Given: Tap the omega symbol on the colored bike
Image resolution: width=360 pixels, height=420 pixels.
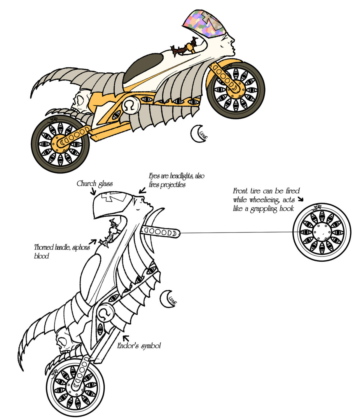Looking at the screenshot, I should (x=130, y=106).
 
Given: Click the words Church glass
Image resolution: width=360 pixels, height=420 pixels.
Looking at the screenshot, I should (x=95, y=183).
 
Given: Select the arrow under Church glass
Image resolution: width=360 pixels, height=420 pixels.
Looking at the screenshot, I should (x=93, y=192).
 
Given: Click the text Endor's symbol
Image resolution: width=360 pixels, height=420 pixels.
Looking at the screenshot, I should (x=139, y=346).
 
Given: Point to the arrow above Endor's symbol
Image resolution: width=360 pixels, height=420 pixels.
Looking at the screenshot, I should (x=126, y=338).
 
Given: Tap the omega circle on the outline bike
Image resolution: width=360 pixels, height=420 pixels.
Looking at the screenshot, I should (x=104, y=313).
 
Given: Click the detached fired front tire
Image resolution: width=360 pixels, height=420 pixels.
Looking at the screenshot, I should (x=321, y=232).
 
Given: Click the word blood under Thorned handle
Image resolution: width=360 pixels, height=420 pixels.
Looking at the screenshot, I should (x=41, y=256).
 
